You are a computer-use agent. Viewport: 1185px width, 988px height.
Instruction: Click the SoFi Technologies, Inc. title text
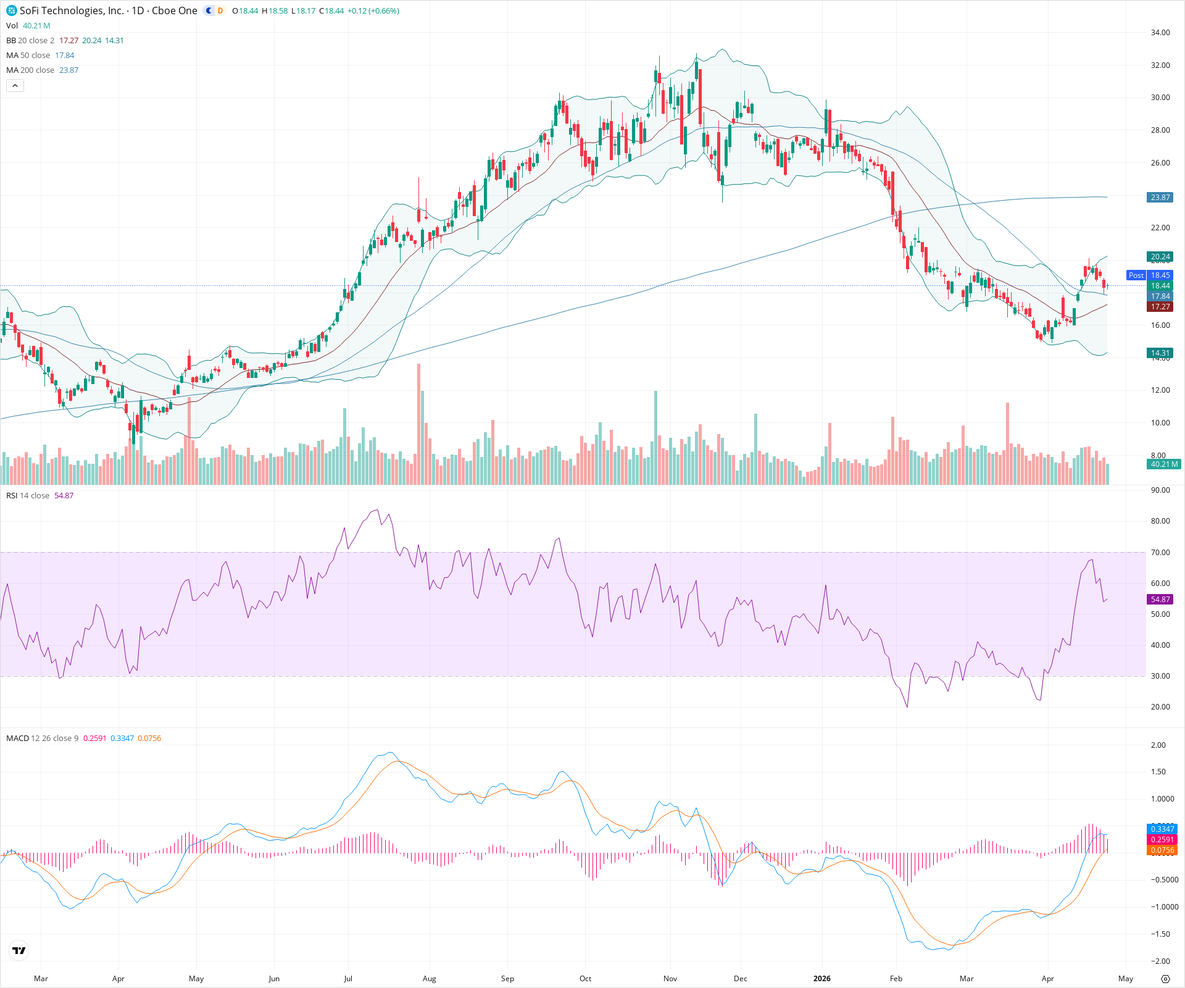[x=71, y=10]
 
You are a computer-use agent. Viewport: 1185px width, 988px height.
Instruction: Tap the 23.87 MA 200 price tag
[x=1160, y=198]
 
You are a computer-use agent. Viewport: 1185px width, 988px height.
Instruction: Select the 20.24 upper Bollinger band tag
[x=1160, y=257]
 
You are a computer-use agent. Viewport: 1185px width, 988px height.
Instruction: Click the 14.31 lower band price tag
[x=1160, y=354]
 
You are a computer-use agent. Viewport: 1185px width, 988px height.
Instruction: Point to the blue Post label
[x=1136, y=275]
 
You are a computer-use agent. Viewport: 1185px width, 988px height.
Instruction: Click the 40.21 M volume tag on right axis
[x=1163, y=464]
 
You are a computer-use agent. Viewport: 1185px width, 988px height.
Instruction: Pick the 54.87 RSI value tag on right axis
[x=1160, y=600]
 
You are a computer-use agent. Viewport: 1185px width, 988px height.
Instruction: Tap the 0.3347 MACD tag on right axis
[x=1162, y=829]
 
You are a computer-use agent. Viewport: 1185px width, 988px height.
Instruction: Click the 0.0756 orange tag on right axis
[x=1162, y=850]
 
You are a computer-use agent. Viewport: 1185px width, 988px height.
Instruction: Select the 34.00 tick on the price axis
[x=1160, y=33]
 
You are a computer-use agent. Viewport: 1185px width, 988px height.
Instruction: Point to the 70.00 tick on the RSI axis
[x=1160, y=553]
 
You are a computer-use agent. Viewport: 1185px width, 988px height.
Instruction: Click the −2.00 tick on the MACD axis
[x=1160, y=961]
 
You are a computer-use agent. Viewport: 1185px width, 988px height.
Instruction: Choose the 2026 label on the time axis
[x=821, y=979]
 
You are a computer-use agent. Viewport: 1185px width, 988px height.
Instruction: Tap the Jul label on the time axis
[x=348, y=979]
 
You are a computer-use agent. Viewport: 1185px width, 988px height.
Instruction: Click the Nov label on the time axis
[x=670, y=979]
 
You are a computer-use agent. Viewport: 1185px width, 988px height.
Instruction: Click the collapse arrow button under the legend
[x=15, y=86]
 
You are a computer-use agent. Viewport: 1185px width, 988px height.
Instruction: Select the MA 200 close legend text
[x=30, y=70]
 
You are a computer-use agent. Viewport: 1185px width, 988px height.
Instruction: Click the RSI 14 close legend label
[x=28, y=496]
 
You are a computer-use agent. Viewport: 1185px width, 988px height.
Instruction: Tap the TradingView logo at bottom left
[x=19, y=950]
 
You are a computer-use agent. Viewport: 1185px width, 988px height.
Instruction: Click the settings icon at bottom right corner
[x=1165, y=979]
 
